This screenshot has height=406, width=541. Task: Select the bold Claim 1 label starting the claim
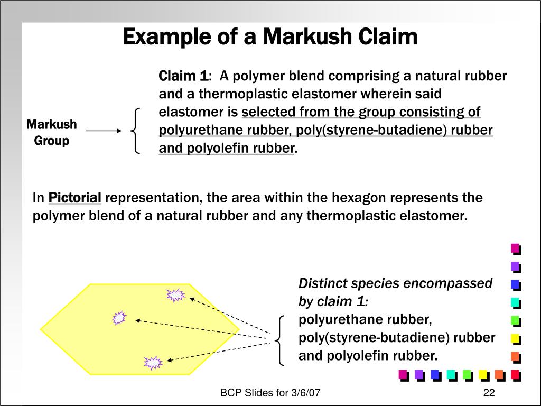183,76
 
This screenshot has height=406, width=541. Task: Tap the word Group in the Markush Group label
52,141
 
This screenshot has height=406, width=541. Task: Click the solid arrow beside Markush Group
104,131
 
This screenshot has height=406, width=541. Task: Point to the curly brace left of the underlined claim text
136,131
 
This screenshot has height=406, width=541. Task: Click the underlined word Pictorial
74,198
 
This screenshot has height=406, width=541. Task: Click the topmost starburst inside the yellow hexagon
175,295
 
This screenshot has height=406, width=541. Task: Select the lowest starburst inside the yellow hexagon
153,362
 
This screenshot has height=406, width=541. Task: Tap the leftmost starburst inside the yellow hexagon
119,318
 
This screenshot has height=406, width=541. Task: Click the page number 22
488,393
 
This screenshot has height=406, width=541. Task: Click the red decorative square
515,375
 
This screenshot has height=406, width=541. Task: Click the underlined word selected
268,113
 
